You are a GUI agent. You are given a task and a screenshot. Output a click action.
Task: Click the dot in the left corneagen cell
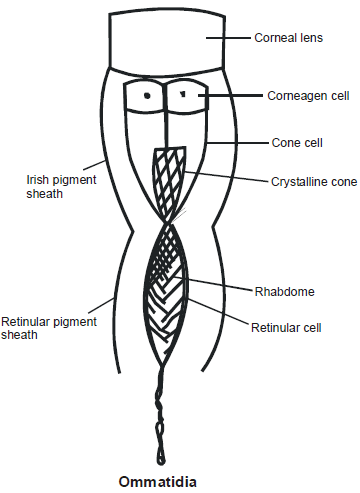(148, 98)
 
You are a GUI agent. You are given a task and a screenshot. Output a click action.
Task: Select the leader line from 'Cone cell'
(238, 142)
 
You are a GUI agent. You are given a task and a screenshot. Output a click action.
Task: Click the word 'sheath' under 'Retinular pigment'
(20, 336)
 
